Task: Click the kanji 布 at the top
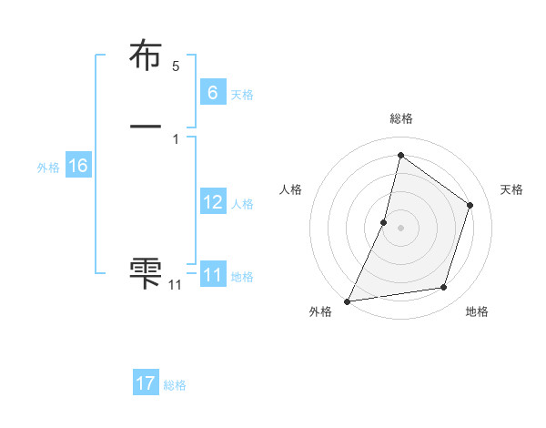[x=147, y=56]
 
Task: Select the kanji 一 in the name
[x=147, y=125]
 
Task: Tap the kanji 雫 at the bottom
[x=147, y=272]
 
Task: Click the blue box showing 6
[x=212, y=92]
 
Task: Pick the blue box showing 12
[x=212, y=202]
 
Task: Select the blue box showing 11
[x=212, y=275]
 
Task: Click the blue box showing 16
[x=77, y=166]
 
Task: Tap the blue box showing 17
[x=146, y=383]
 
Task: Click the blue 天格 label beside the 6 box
[x=242, y=94]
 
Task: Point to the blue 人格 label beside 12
[x=242, y=204]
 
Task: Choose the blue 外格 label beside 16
[x=48, y=168]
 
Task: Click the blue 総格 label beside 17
[x=175, y=385]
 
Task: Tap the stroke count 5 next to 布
[x=176, y=66]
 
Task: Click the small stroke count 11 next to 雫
[x=175, y=285]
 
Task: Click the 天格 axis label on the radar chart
[x=512, y=189]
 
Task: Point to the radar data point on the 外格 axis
[x=348, y=301]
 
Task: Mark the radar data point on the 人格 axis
[x=384, y=222]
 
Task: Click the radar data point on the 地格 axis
[x=444, y=288]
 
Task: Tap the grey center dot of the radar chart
[x=400, y=228]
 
